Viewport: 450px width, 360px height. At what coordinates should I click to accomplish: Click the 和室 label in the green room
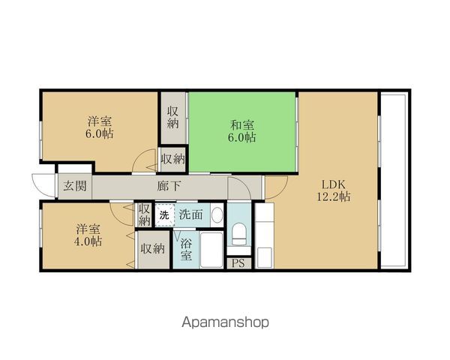tap(242, 125)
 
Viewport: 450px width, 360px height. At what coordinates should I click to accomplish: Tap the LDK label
tap(334, 184)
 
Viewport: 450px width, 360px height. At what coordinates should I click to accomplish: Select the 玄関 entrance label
tap(75, 186)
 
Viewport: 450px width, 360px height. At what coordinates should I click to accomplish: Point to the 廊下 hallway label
tap(169, 186)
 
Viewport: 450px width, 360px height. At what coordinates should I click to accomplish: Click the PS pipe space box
tap(239, 263)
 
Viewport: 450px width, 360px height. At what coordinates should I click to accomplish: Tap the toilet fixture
tap(239, 234)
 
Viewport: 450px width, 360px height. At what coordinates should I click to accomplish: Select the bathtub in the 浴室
tap(211, 250)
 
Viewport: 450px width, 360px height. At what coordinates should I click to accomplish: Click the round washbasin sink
tap(217, 214)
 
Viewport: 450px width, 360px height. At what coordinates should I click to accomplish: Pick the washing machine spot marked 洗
tap(165, 214)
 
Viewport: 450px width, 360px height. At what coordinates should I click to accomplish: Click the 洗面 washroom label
tap(191, 214)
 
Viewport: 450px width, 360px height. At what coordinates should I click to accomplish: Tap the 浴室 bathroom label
tap(186, 250)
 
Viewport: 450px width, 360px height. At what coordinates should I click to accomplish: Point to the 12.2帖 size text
tap(334, 196)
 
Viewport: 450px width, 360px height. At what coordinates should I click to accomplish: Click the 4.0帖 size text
tap(88, 241)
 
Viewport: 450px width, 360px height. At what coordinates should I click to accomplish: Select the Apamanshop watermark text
tap(225, 322)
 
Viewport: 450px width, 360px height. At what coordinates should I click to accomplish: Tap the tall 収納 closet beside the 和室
tap(173, 118)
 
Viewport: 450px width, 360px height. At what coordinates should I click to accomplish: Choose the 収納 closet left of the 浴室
tap(153, 250)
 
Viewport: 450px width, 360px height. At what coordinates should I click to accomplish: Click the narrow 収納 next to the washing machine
tap(144, 214)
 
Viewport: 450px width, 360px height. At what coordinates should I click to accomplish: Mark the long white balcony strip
tap(393, 181)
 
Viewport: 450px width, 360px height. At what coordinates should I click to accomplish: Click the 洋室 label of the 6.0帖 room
tap(100, 121)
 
